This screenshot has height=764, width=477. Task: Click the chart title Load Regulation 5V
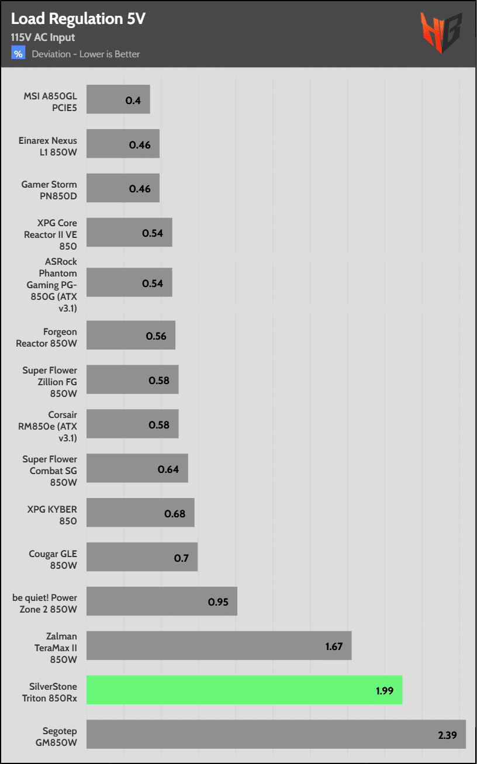point(78,19)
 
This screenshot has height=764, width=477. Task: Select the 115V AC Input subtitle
point(43,38)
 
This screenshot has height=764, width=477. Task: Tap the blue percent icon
point(19,54)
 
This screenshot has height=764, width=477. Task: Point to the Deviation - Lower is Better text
point(86,54)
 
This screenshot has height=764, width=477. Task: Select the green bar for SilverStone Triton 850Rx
point(244,690)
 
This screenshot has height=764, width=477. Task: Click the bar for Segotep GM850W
point(276,734)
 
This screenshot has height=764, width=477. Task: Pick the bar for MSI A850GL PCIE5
point(118,99)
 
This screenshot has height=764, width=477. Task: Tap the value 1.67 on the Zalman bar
point(334,646)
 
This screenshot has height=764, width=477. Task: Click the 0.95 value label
point(218,601)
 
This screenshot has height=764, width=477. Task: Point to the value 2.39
point(448,735)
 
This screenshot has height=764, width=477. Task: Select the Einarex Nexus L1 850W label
point(49,146)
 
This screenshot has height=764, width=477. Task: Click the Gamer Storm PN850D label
point(49,190)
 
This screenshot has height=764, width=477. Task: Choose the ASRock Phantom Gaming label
point(53,284)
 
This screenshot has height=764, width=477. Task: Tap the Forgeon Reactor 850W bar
point(131,336)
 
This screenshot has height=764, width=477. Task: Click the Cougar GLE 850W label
point(53,559)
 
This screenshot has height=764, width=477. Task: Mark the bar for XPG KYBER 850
point(140,513)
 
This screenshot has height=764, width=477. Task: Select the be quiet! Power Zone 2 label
point(45,603)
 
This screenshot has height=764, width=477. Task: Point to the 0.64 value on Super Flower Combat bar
point(168,469)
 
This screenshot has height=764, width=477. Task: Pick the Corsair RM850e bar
point(133,424)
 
